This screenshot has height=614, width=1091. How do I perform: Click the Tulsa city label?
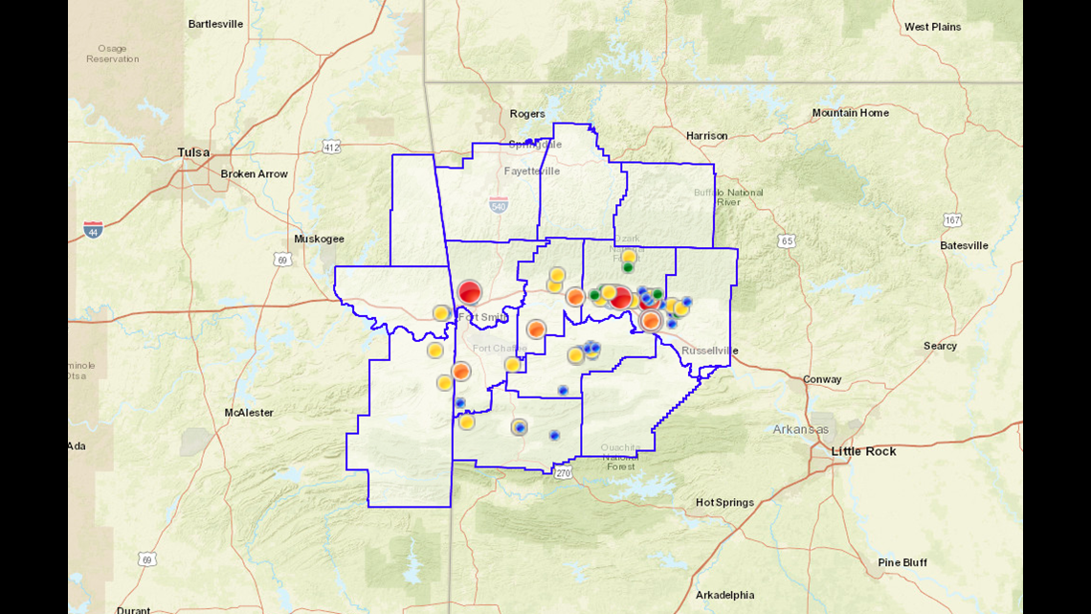coord(193,152)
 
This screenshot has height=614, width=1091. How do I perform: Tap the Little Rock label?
coord(864,451)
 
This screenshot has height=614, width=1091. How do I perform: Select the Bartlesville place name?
coord(215,24)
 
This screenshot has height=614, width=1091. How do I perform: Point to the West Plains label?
coord(932,27)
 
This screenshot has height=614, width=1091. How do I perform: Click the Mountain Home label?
coord(850,113)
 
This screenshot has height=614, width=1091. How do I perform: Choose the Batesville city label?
coord(964,246)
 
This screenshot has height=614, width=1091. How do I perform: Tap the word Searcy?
coord(940,346)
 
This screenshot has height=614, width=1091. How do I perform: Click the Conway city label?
coord(822,379)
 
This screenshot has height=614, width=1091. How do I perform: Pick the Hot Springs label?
coord(724,503)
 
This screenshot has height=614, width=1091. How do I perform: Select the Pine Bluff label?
coord(902,563)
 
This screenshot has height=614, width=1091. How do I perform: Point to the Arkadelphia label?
coord(724,595)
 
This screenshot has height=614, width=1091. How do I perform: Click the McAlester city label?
coord(249,413)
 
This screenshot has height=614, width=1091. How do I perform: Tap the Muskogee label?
coord(319,239)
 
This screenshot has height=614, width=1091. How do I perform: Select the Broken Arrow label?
coord(254,174)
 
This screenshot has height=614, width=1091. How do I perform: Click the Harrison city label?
coord(706,136)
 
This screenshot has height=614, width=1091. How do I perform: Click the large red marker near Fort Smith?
coord(469,292)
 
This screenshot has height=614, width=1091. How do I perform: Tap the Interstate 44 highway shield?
coord(93,229)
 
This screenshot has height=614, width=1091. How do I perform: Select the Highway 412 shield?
coord(331,148)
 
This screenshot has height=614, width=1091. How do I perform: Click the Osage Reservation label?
coord(112,54)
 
